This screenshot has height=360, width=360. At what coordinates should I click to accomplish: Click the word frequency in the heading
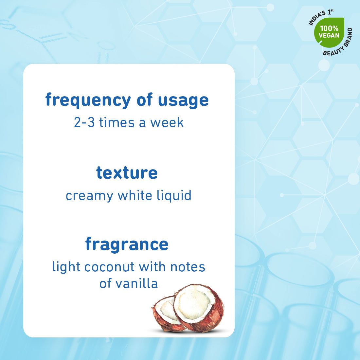pyautogui.click(x=88, y=100)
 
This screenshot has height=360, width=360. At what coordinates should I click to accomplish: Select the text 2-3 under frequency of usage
pyautogui.click(x=84, y=122)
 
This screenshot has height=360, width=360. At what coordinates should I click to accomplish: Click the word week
pyautogui.click(x=167, y=122)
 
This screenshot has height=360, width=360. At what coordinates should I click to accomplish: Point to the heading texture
pyautogui.click(x=127, y=173)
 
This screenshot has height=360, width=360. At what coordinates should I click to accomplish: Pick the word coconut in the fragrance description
pyautogui.click(x=109, y=267)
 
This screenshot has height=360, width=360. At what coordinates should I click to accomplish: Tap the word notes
pyautogui.click(x=188, y=267)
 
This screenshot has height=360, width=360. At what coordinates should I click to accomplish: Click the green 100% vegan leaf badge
pyautogui.click(x=329, y=31)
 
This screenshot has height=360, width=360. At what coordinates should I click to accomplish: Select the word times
pyautogui.click(x=117, y=122)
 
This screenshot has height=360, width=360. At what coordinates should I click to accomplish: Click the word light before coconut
pyautogui.click(x=66, y=267)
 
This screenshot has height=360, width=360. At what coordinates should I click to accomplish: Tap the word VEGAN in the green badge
pyautogui.click(x=329, y=35)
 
